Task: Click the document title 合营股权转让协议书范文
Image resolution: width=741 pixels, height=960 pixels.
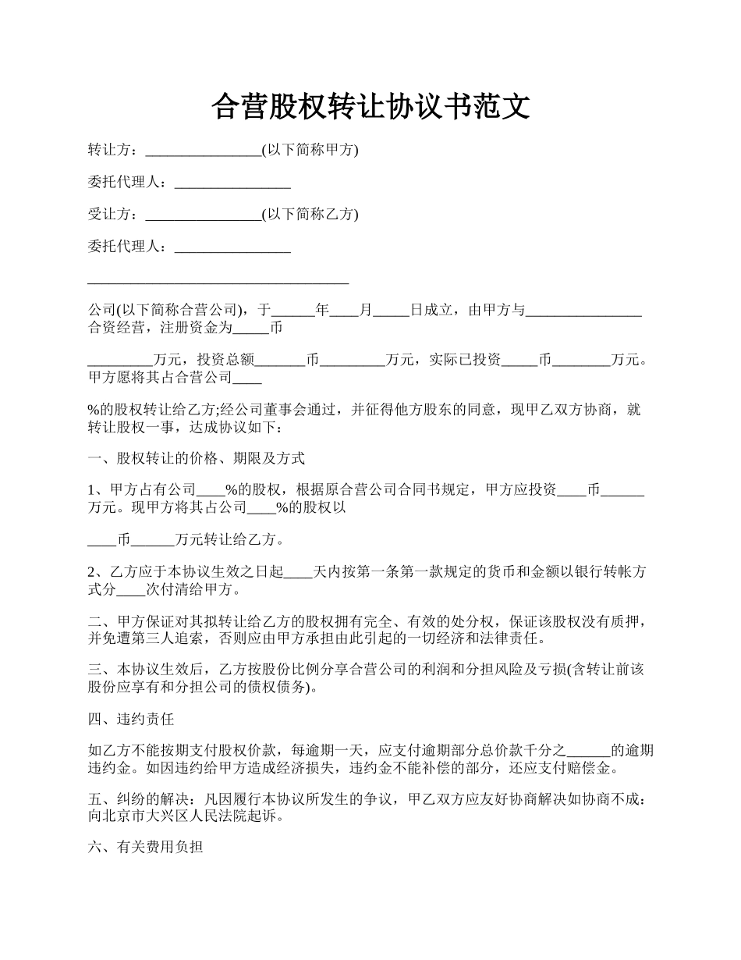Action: (370, 107)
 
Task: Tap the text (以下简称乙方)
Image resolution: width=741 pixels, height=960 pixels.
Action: (310, 215)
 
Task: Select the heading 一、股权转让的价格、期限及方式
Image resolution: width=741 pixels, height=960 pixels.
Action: (196, 458)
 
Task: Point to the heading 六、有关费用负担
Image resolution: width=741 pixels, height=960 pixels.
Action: (146, 847)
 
